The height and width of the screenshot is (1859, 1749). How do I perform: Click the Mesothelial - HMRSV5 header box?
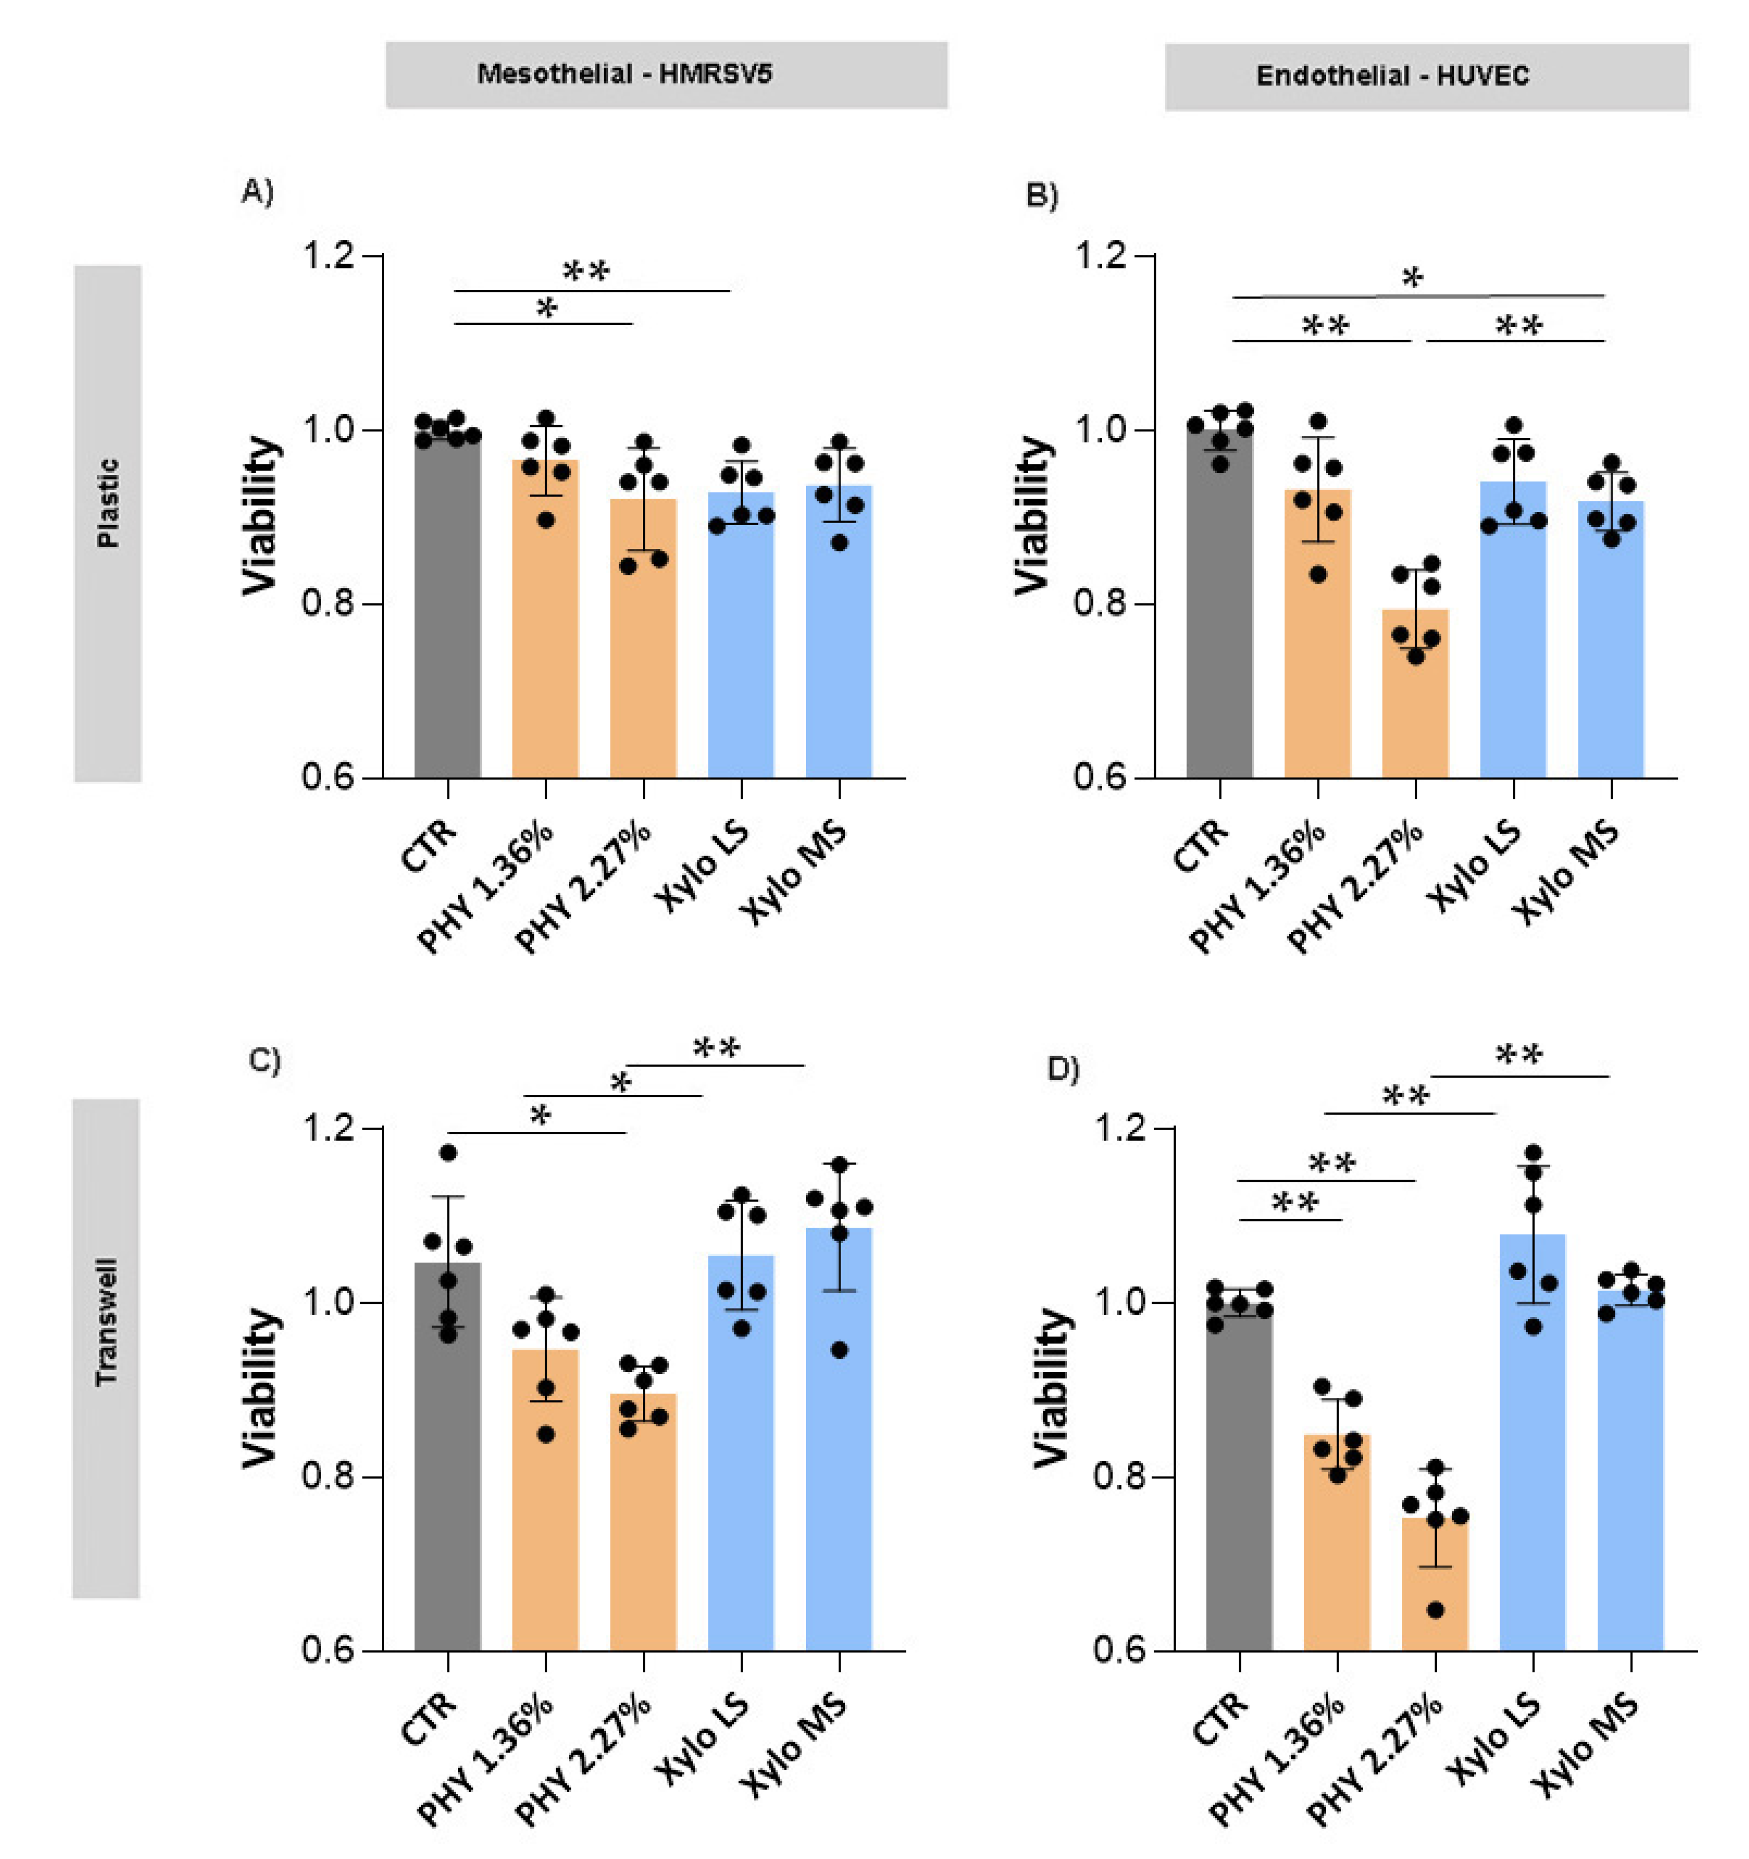(666, 75)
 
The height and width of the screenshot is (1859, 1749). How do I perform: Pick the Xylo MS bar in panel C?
(839, 1440)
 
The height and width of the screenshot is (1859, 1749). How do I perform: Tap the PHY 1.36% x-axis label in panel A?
(487, 889)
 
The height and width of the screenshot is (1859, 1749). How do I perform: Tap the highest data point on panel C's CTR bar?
(448, 1153)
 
